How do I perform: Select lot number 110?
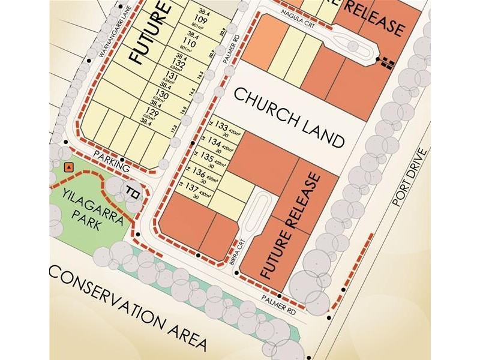(193, 44)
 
